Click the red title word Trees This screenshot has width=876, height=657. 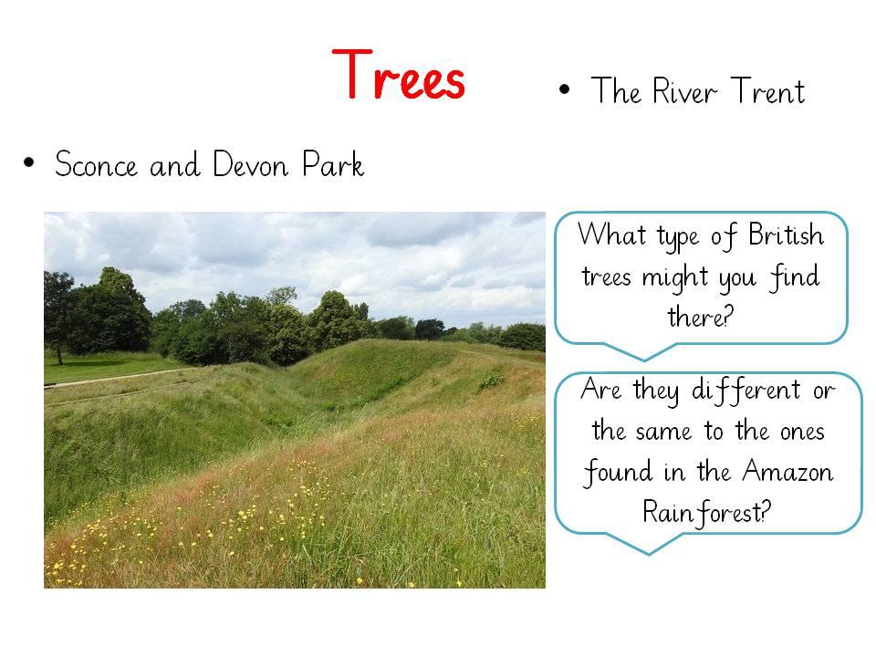coord(399,74)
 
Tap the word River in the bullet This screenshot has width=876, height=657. coord(684,91)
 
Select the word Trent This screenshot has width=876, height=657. coord(768,90)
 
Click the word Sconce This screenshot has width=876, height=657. coord(96,164)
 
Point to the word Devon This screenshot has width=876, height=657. coord(251,164)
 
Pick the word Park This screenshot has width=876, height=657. coord(333,164)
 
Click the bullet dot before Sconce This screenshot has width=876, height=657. coord(29,163)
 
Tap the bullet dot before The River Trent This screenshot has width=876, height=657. coord(564,89)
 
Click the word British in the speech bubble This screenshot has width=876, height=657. coord(786,235)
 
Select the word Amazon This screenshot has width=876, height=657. coord(787,472)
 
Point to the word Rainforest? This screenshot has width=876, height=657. coord(706,512)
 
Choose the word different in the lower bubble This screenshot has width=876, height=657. coord(746,390)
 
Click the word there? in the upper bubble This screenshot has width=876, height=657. coord(700,317)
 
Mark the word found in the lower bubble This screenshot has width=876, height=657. coord(618,473)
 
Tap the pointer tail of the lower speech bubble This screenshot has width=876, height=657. coord(649,545)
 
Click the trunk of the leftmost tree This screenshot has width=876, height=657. coord(58,354)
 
